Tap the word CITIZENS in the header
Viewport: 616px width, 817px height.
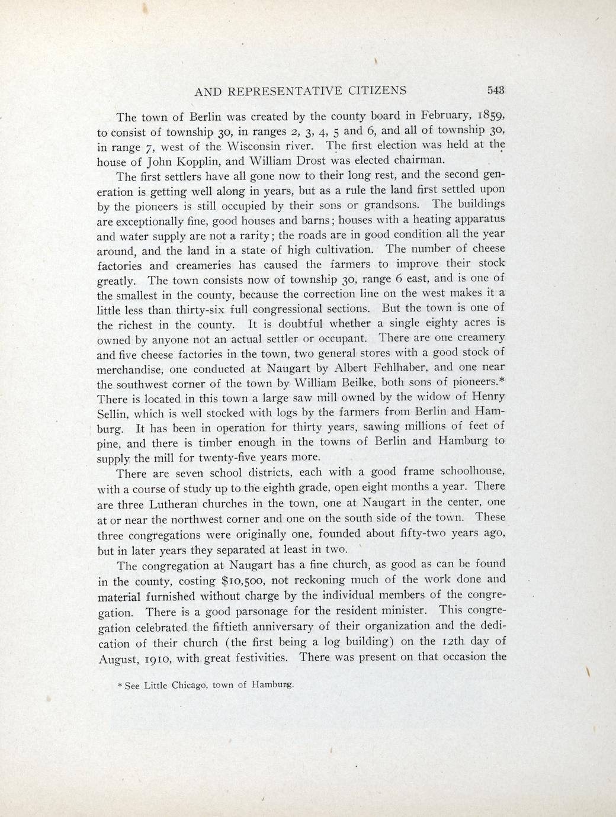point(377,91)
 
